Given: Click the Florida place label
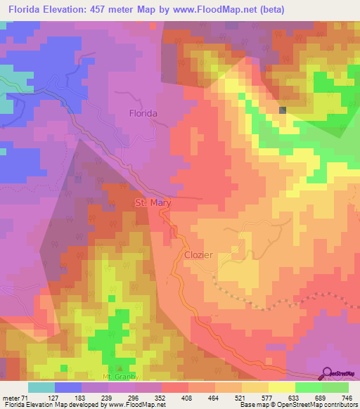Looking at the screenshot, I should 143,112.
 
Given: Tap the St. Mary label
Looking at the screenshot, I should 153,203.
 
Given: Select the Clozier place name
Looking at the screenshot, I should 200,256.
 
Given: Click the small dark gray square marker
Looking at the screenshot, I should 283,110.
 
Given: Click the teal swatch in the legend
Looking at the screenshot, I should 41,387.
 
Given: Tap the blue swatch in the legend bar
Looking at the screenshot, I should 67,387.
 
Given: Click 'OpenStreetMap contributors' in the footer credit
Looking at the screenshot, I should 316,405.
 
